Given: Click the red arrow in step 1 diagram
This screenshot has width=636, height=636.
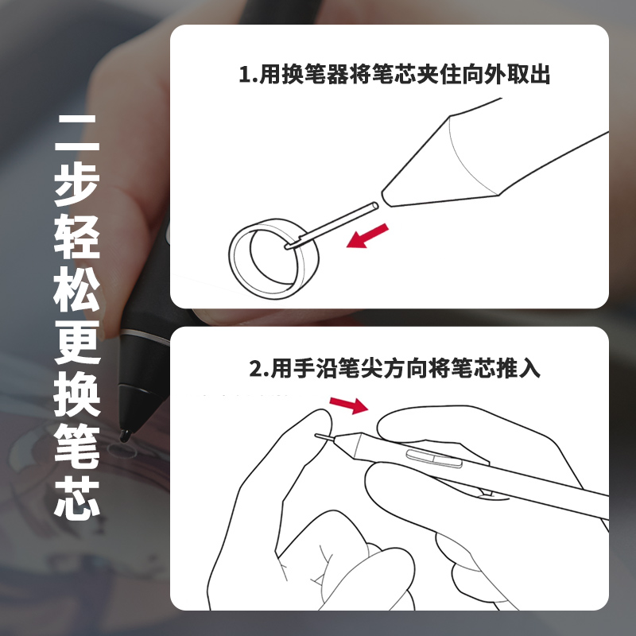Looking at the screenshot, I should click(368, 236).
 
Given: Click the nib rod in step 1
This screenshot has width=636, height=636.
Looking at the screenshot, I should click(335, 224).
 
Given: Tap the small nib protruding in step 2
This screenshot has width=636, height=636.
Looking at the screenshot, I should click(324, 436).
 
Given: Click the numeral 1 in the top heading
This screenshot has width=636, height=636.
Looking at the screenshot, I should click(244, 76).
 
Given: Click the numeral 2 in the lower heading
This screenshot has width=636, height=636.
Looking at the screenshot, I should click(254, 370).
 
